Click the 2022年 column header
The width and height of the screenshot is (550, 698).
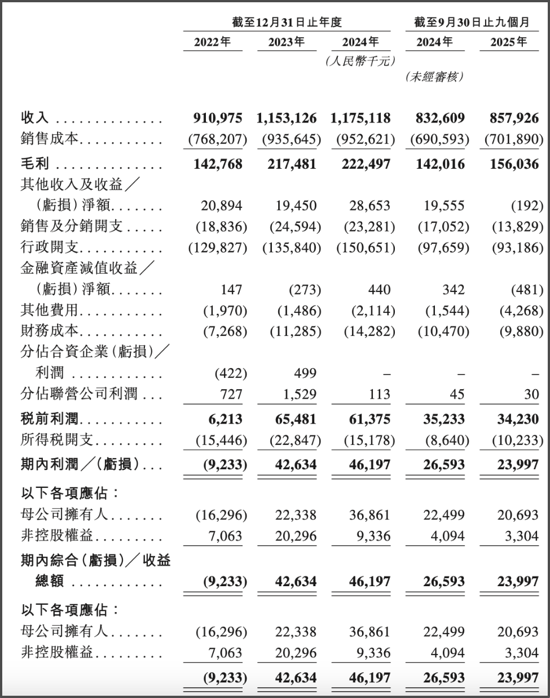pos(213,42)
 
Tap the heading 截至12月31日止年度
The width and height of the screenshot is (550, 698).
pos(287,22)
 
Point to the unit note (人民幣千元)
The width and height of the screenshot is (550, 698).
pos(360,61)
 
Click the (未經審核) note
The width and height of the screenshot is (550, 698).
pos(434,77)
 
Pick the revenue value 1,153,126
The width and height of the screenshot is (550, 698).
pos(286,118)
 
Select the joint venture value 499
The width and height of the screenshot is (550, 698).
pos(305,373)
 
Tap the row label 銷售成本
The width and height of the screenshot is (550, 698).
pos(50,139)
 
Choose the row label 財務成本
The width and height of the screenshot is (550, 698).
pos(50,331)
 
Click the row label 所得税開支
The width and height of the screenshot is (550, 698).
pos(57,440)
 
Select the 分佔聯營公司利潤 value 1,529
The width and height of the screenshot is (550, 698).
pos(301,394)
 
